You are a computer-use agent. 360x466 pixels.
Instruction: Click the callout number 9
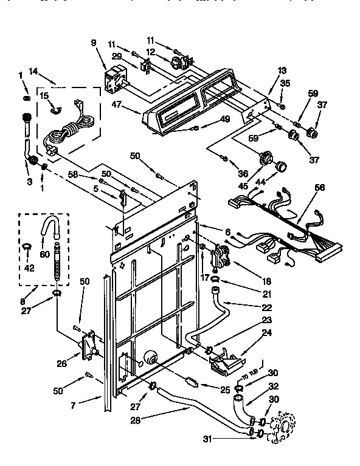coord(94,43)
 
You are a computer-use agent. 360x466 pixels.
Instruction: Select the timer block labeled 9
coord(114,80)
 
